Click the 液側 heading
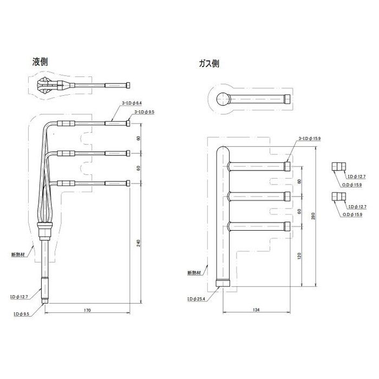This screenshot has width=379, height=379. pyautogui.click(x=40, y=62)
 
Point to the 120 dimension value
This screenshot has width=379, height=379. pyautogui.click(x=298, y=253)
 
